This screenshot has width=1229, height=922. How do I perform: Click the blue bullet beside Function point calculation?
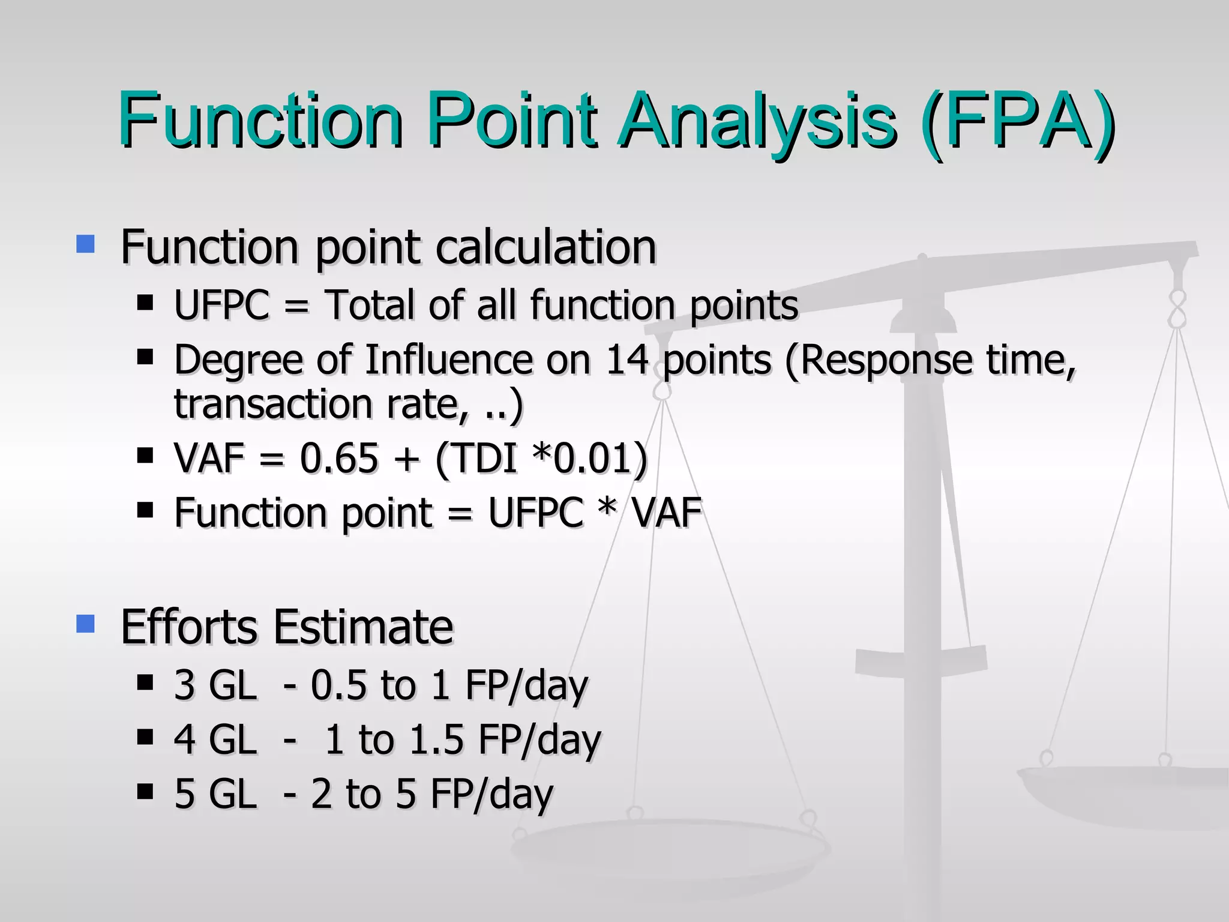click(x=86, y=244)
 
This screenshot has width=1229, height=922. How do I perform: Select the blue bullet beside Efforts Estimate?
click(x=86, y=624)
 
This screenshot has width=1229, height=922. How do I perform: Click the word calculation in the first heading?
click(x=545, y=247)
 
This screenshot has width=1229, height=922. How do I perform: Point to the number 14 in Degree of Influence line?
click(x=627, y=360)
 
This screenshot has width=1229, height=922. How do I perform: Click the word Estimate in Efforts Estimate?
click(x=363, y=627)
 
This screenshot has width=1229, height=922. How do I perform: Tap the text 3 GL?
click(x=215, y=685)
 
